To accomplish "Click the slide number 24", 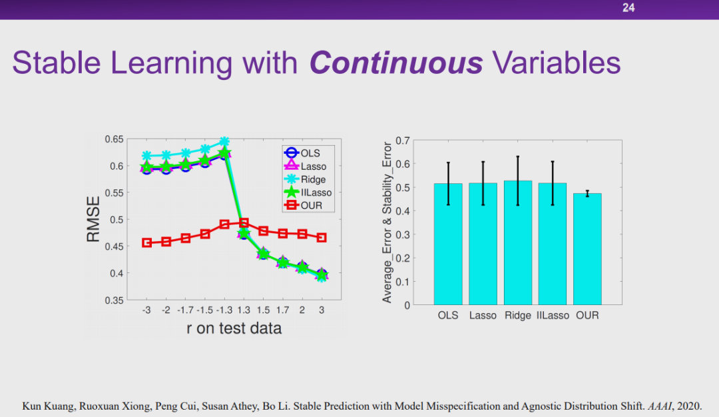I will click(628, 9).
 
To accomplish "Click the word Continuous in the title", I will click(396, 63).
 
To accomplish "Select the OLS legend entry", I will click(309, 153).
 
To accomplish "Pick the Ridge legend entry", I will click(312, 179).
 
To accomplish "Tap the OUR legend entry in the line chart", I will click(310, 205).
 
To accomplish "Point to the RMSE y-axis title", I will click(94, 219).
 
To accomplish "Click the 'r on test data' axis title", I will click(234, 328).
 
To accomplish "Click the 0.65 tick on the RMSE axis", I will click(114, 139).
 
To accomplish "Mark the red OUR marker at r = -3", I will click(146, 242).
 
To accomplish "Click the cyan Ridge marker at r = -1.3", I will click(224, 142).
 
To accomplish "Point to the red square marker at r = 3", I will click(322, 238).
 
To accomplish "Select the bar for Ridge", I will click(518, 242).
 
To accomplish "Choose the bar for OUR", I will click(587, 249).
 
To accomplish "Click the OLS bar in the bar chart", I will click(448, 244).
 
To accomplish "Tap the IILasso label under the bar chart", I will click(553, 315).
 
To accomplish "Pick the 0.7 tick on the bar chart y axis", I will click(401, 141).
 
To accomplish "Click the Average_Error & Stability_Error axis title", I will click(387, 222).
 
